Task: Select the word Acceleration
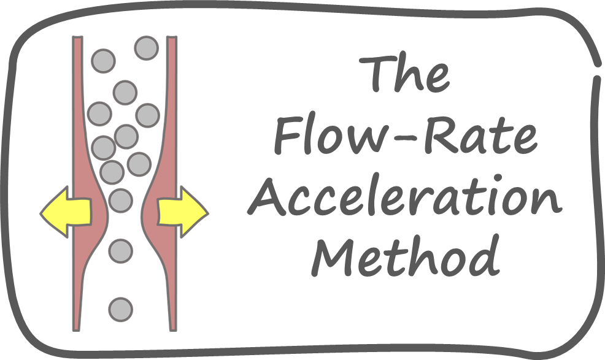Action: coord(405,198)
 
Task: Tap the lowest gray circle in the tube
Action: coord(121,309)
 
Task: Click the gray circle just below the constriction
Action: coord(120,250)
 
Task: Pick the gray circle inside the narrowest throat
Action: coord(120,200)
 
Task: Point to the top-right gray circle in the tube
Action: coord(147,47)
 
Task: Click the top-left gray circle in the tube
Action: coord(102,61)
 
